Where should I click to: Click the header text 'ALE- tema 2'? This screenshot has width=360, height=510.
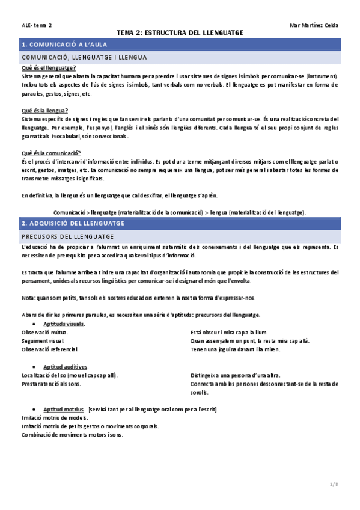36,25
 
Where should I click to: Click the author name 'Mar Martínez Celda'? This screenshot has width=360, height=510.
314,25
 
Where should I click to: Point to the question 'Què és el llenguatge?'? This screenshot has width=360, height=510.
48,68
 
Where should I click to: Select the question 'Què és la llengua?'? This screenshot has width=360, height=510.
44,110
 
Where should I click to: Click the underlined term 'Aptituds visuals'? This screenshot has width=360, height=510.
64,324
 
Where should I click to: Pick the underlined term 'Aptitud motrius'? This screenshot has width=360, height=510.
63,409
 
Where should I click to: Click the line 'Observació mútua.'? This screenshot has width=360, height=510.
44,333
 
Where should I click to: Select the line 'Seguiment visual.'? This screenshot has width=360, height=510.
43,341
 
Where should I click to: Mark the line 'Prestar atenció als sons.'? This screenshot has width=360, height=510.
50,384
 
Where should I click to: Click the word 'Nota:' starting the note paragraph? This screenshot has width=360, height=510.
28,297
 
